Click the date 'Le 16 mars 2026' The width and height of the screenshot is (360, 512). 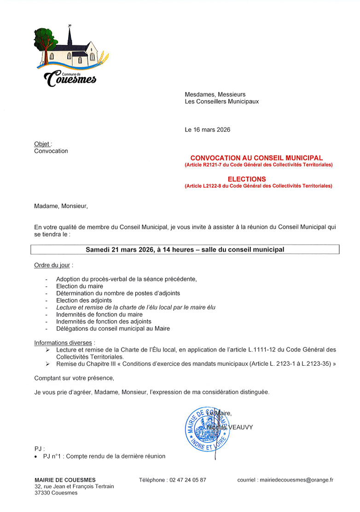click(207, 130)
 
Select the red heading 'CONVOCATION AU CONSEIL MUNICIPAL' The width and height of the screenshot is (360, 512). click(256, 158)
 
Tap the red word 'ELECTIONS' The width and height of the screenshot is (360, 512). click(247, 179)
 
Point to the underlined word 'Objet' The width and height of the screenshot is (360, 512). click(42, 144)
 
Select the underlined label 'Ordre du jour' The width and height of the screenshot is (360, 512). click(52, 266)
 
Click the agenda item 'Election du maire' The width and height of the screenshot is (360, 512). click(80, 286)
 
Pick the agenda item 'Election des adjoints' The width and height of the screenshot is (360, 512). click(84, 300)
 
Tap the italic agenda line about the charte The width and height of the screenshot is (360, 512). click(136, 307)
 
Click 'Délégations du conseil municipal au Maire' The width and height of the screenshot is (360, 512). click(113, 328)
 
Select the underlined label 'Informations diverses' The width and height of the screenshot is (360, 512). click(64, 343)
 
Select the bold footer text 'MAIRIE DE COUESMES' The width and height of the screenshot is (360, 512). click(65, 480)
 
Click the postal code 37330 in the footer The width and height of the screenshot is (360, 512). click(42, 493)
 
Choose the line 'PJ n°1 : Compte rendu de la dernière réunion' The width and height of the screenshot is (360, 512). click(104, 456)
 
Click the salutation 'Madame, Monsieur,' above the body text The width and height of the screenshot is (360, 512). click(61, 206)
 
